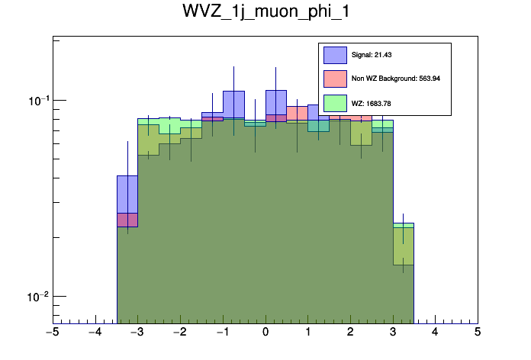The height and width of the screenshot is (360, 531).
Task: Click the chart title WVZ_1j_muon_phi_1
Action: (265, 13)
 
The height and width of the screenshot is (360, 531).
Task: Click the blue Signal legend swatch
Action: (336, 55)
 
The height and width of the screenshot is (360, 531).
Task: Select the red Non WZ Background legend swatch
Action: (336, 79)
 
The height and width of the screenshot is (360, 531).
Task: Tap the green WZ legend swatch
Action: (336, 102)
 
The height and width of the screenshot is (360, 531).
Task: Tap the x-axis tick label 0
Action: (265, 333)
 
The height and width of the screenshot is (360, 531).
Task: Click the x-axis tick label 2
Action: (350, 333)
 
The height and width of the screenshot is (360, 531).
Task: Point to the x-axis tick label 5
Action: (478, 333)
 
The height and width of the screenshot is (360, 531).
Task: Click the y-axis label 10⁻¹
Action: (36, 100)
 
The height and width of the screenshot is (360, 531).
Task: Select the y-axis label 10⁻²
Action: (36, 296)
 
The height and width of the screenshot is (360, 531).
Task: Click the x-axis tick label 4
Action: (435, 333)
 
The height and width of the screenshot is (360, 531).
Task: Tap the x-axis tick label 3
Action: (393, 333)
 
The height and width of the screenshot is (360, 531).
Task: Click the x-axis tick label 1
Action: (307, 333)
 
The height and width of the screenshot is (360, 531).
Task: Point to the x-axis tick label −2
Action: (179, 333)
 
